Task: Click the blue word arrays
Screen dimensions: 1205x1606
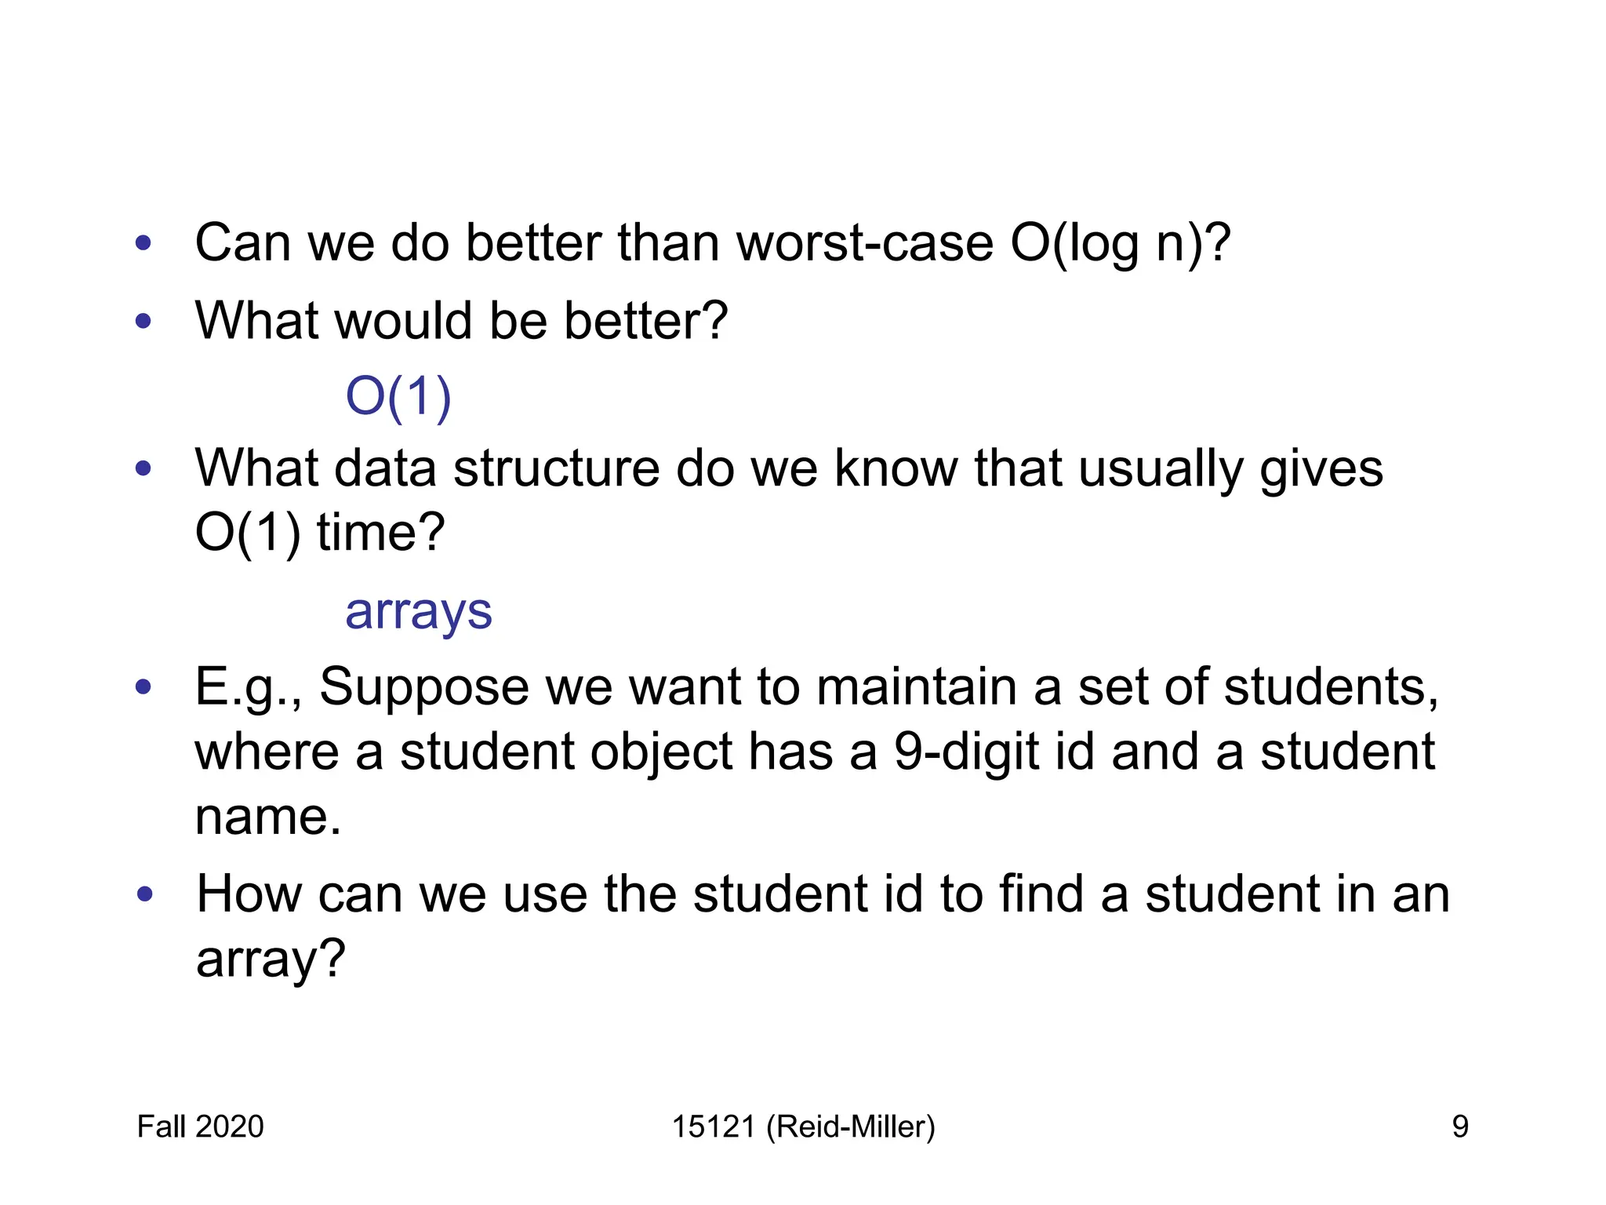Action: [419, 612]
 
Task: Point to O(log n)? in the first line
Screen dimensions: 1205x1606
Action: [1121, 244]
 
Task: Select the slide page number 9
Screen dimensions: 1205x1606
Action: [1459, 1127]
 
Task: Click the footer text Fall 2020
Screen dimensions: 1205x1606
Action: [200, 1127]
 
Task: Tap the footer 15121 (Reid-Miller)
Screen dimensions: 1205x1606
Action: [803, 1127]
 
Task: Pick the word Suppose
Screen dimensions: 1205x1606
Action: [424, 688]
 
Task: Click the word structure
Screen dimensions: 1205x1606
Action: [557, 469]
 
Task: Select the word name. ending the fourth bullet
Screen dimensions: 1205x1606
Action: [267, 817]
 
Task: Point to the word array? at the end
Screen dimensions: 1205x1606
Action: [271, 959]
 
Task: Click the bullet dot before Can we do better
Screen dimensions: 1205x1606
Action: [143, 242]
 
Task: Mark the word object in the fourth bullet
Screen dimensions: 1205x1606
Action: [660, 752]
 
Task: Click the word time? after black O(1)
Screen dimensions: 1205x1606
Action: [380, 533]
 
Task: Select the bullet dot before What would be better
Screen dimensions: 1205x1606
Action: [143, 320]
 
